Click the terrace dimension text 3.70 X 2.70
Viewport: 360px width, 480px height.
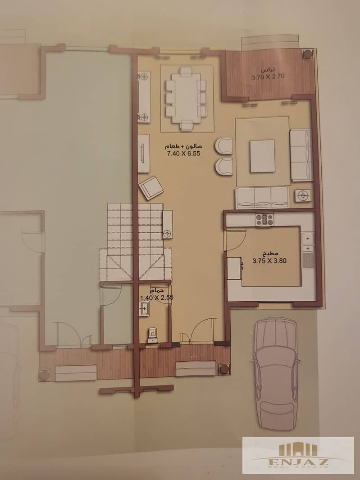(x=268, y=77)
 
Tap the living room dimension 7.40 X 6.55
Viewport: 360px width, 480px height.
(x=183, y=154)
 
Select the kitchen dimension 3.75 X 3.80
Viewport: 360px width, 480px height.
(x=269, y=261)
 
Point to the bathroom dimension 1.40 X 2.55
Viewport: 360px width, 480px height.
(x=156, y=298)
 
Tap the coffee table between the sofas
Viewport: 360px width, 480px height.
(x=262, y=156)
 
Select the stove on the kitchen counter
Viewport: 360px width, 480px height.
(x=264, y=219)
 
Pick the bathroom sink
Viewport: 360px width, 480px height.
(x=144, y=308)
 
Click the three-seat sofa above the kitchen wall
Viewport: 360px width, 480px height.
(x=262, y=198)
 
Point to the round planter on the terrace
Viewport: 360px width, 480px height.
(x=308, y=54)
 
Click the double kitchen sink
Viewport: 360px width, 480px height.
(x=307, y=242)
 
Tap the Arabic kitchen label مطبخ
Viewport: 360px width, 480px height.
(x=270, y=253)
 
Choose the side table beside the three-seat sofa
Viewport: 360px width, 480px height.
(x=303, y=195)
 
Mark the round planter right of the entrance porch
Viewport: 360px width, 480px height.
(x=225, y=368)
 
